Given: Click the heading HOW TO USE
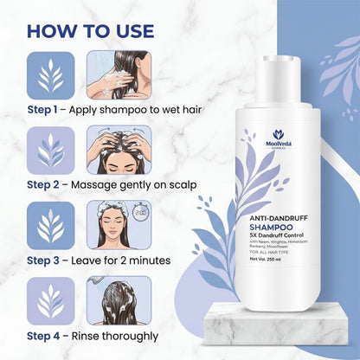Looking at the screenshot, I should (x=91, y=30).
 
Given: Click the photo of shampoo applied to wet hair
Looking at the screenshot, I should (x=118, y=74).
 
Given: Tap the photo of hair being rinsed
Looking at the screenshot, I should (x=118, y=300).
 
